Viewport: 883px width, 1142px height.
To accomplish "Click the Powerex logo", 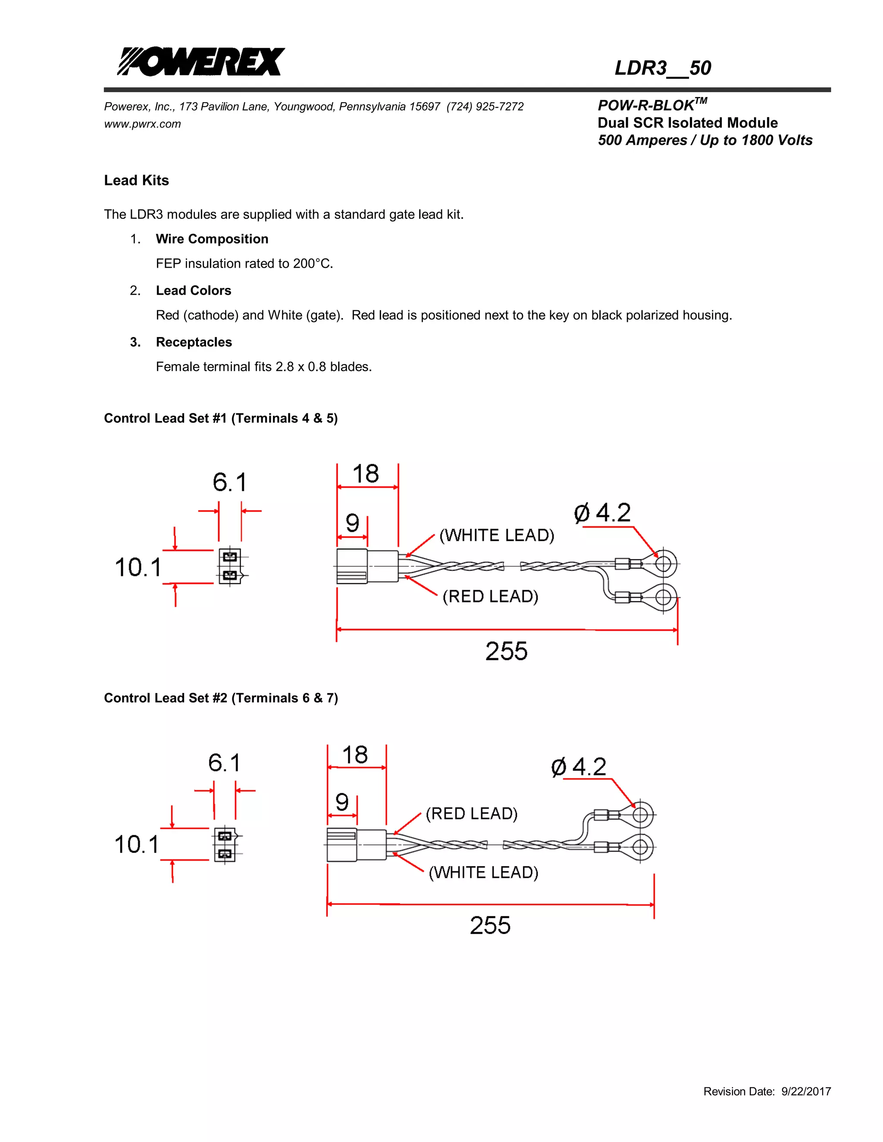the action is point(201,62).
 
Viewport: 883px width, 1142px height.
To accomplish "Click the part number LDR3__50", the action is point(662,68).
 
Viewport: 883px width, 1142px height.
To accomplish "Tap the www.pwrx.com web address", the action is point(142,124).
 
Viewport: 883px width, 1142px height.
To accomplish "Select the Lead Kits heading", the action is point(137,181).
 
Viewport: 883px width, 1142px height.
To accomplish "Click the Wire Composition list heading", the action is point(212,239).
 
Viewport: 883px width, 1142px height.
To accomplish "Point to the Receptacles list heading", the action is point(194,342).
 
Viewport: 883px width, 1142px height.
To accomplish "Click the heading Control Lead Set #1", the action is point(221,418).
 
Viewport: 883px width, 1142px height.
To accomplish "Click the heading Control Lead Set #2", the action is point(221,698).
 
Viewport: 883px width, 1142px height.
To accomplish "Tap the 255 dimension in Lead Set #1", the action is point(506,652).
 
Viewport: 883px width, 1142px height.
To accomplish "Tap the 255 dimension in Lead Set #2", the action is point(490,926).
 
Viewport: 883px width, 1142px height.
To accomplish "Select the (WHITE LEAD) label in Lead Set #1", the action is point(496,535).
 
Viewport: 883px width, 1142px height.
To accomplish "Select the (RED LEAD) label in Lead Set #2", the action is point(471,814).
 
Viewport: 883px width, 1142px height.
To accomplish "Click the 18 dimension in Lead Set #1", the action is point(366,474).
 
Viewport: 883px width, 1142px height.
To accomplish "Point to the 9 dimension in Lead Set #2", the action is point(341,802).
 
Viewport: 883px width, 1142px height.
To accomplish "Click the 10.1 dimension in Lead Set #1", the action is point(138,568).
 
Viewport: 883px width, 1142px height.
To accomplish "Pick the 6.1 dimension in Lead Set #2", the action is point(224,763).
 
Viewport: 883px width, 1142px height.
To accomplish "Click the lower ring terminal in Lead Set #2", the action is point(640,846).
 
